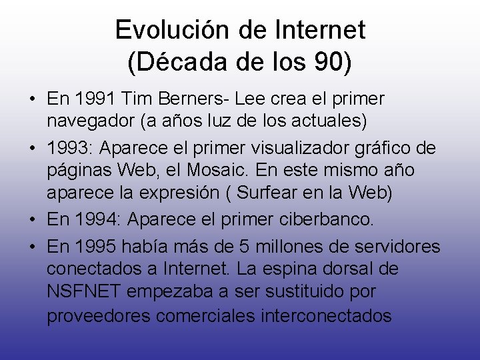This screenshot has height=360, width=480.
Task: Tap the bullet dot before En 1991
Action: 32,100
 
